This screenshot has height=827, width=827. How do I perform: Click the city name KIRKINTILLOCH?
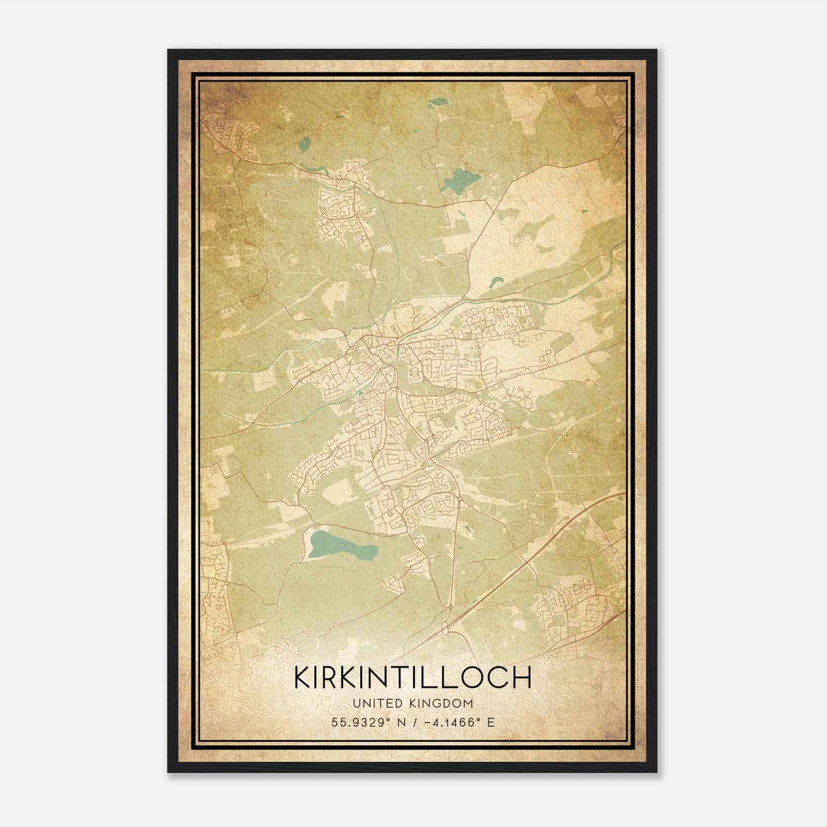412,677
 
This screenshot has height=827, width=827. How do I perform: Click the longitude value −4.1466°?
450,722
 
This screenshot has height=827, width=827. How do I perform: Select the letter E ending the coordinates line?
491,722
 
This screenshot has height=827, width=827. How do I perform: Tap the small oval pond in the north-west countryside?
305,144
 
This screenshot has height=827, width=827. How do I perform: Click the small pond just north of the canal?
497,282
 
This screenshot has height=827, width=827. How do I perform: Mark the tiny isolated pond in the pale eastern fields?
585,211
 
